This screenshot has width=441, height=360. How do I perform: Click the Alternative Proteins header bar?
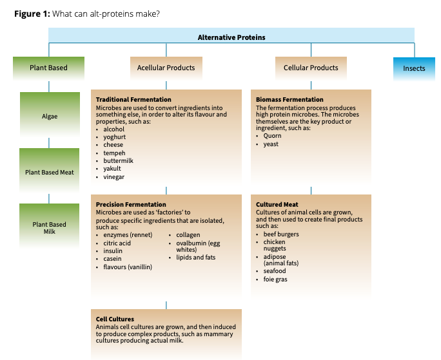pyautogui.click(x=231, y=37)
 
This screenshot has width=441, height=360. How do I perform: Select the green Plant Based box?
pyautogui.click(x=48, y=68)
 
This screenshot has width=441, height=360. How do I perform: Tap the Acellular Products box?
pyautogui.click(x=166, y=68)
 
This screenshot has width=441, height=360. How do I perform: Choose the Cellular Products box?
pyautogui.click(x=311, y=68)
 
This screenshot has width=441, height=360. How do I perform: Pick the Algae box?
pyautogui.click(x=50, y=117)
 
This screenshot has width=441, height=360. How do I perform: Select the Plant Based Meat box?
pyautogui.click(x=50, y=172)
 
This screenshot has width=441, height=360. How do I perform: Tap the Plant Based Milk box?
pyautogui.click(x=50, y=228)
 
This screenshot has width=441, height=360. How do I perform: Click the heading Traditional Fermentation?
pyautogui.click(x=133, y=100)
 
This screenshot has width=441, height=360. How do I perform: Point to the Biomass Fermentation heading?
pyautogui.click(x=289, y=100)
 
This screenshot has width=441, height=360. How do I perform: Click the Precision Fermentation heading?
pyautogui.click(x=131, y=205)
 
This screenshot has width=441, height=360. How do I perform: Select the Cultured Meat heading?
pyautogui.click(x=277, y=205)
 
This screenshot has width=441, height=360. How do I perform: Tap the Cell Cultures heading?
pyautogui.click(x=115, y=319)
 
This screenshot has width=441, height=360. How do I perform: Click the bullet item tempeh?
pyautogui.click(x=114, y=153)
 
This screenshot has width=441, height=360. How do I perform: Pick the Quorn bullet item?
pyautogui.click(x=273, y=136)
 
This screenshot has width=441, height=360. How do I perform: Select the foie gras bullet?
pyautogui.click(x=275, y=279)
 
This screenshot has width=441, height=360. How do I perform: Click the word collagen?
pyautogui.click(x=188, y=235)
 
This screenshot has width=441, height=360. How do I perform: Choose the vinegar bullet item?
pyautogui.click(x=114, y=176)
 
